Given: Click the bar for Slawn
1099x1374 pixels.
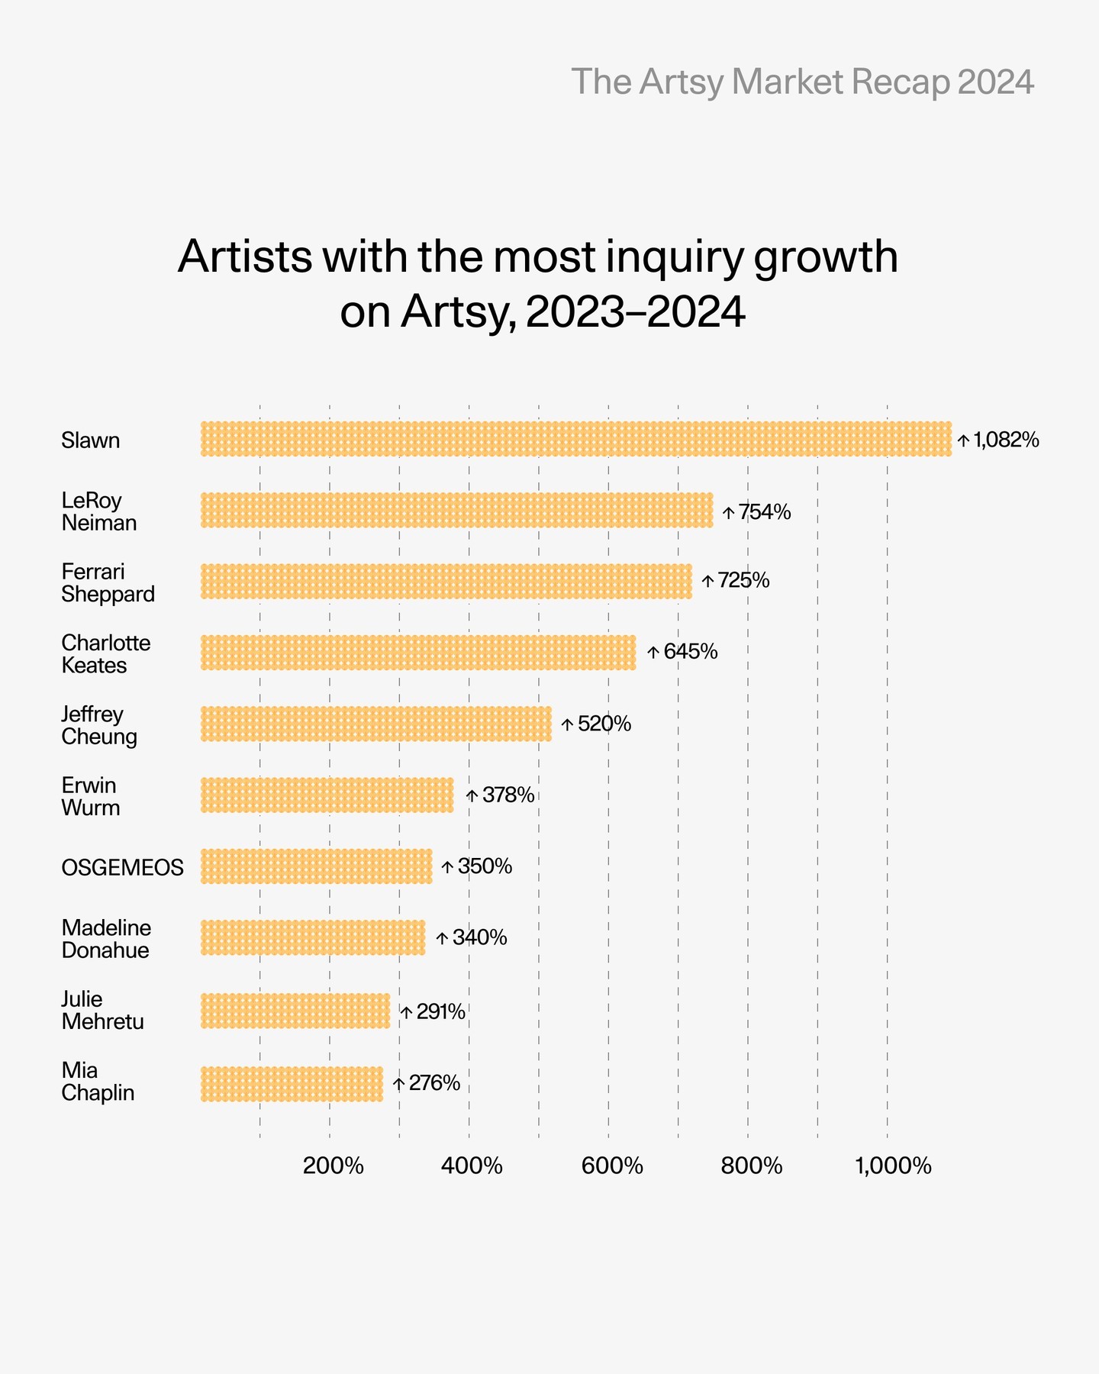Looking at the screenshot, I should [x=576, y=439].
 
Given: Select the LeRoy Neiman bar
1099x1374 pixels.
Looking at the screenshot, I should [x=456, y=510].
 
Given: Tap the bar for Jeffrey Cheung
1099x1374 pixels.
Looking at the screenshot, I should [x=375, y=724].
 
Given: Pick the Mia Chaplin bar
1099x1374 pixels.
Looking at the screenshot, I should [x=292, y=1084].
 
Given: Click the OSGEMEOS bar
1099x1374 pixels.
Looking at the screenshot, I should [x=316, y=866].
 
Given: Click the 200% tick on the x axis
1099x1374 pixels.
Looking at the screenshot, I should [x=333, y=1166].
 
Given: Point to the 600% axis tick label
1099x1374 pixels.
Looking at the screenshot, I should [x=612, y=1166].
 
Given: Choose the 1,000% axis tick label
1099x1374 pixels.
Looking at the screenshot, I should [x=893, y=1166].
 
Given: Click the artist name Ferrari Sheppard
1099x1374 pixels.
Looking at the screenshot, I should [x=108, y=582].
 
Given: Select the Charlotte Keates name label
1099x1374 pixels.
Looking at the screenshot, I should [x=105, y=654].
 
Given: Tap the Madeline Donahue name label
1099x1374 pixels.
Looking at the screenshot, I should [x=105, y=939].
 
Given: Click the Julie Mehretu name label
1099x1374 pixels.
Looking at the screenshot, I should [x=102, y=1010].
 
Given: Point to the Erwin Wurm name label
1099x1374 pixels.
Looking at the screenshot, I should [x=90, y=796].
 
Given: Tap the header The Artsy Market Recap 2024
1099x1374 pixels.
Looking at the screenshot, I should [x=802, y=82].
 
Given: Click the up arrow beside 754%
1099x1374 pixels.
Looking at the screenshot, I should [x=728, y=512].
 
